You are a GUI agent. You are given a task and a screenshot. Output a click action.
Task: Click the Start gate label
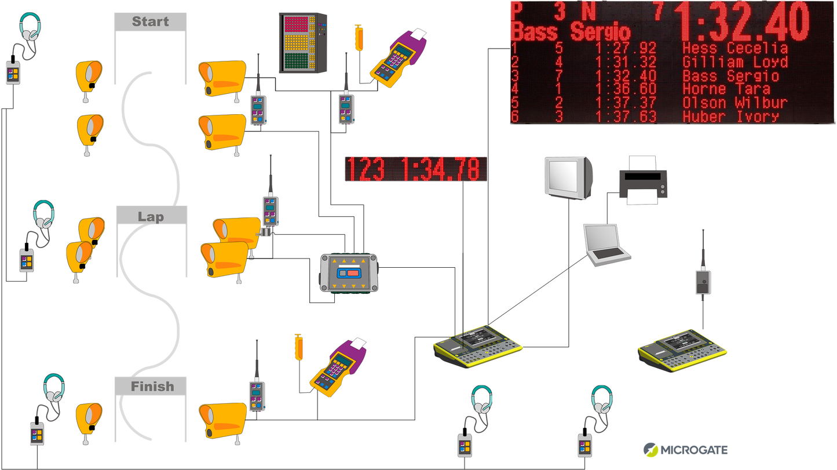(x=150, y=22)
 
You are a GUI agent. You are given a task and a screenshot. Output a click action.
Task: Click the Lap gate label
(x=151, y=217)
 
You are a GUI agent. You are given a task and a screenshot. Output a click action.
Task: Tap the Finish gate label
(x=152, y=387)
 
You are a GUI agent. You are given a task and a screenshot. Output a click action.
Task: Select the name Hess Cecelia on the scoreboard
(x=735, y=48)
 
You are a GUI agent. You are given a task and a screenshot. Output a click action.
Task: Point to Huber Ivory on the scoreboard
(x=730, y=116)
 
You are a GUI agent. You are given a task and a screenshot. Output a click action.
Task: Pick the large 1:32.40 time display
(x=744, y=22)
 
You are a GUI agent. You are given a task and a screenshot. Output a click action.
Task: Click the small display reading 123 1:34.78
(x=415, y=169)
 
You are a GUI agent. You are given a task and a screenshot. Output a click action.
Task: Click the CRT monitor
(x=568, y=177)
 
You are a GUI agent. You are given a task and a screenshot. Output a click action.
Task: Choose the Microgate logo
(x=685, y=450)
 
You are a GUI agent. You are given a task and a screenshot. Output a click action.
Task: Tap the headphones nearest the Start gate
(x=30, y=27)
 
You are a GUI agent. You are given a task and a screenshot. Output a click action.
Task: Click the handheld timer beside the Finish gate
(x=337, y=368)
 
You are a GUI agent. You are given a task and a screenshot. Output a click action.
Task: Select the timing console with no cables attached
(x=682, y=349)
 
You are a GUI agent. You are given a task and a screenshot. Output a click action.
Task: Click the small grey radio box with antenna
(x=703, y=282)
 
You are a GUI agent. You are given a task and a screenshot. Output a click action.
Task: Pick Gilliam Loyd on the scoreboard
(x=735, y=62)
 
